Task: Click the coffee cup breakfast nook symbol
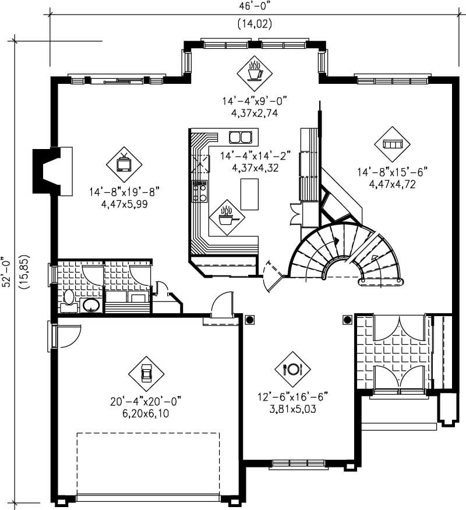click(255, 73)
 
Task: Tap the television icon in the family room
click(124, 163)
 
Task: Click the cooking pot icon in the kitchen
click(227, 218)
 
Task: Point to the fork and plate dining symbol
click(292, 369)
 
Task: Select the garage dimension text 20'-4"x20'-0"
click(146, 401)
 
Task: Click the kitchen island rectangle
click(249, 194)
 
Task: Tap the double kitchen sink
click(240, 137)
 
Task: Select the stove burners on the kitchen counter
click(200, 190)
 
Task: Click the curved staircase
click(344, 253)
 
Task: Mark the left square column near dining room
click(250, 319)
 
